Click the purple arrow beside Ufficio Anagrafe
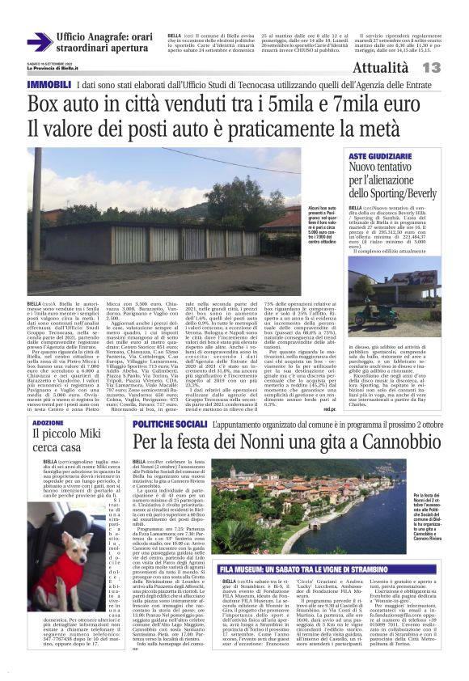tap(39, 42)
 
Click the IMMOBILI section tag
tap(49, 84)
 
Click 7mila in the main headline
tap(323, 104)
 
